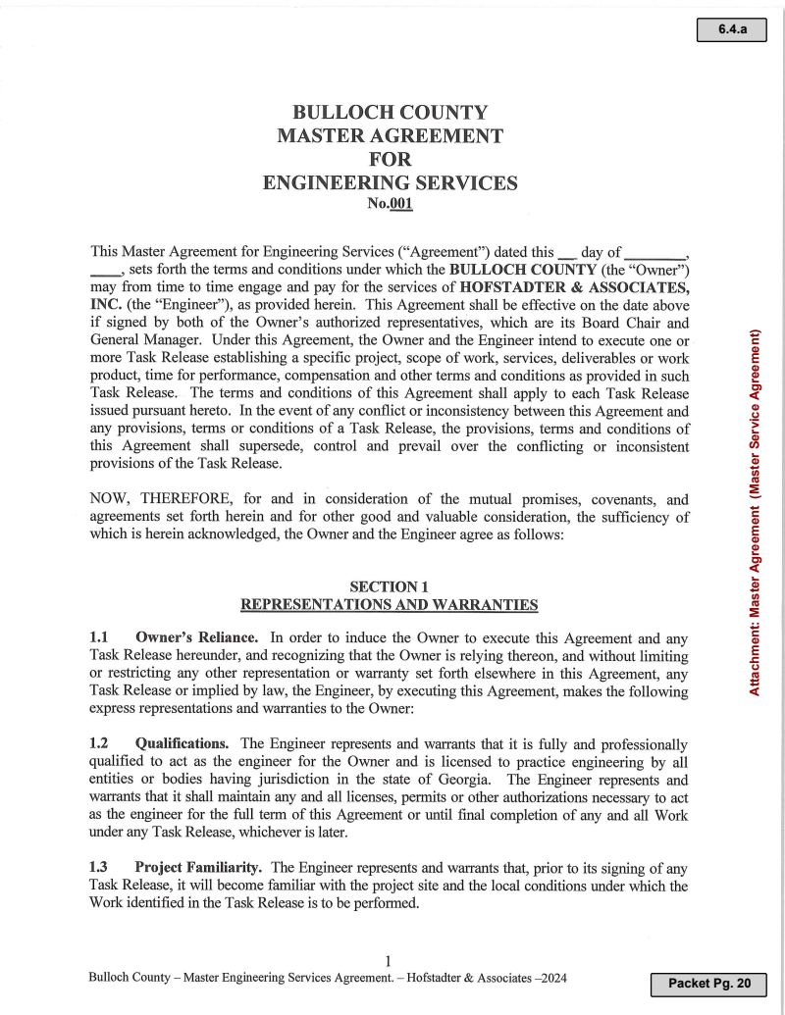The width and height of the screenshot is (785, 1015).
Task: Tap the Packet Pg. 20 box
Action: point(707,983)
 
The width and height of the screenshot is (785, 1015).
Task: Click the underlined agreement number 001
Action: point(400,204)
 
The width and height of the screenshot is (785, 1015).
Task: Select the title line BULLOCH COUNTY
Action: point(391,113)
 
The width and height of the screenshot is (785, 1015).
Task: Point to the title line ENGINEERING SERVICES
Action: point(391,182)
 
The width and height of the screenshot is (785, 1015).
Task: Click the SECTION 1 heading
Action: point(390,586)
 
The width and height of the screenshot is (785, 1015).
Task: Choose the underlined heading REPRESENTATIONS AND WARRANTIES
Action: point(390,605)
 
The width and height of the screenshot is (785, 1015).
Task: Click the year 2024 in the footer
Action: point(551,979)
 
